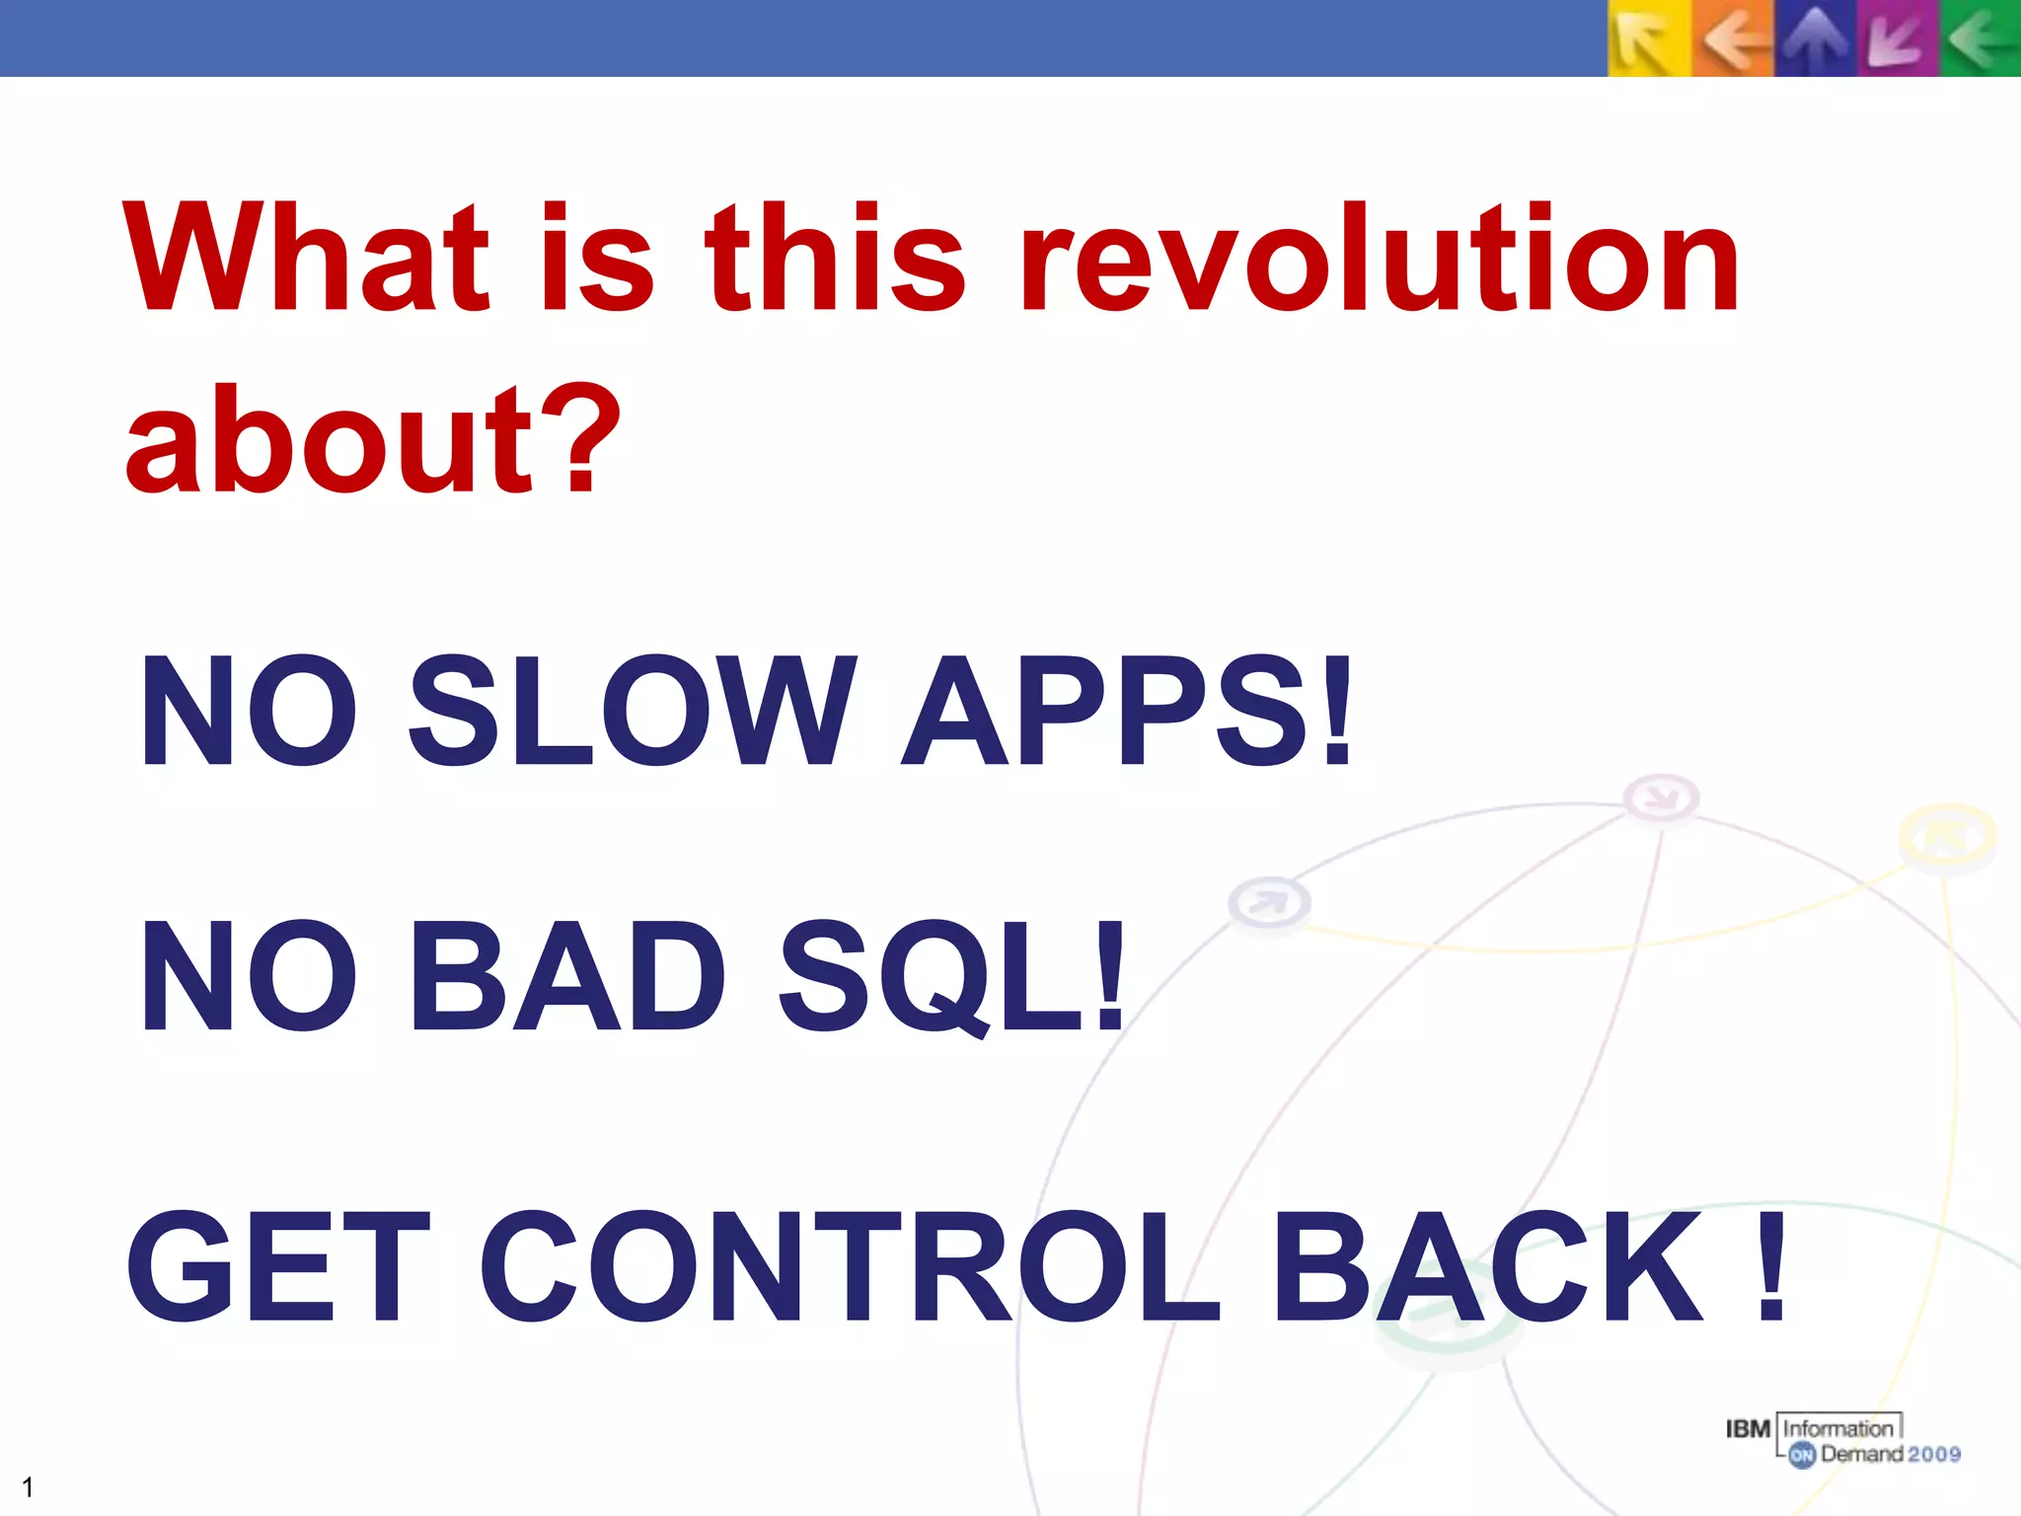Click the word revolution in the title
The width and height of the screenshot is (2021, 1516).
pyautogui.click(x=1380, y=259)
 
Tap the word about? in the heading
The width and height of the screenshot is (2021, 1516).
pyautogui.click(x=373, y=440)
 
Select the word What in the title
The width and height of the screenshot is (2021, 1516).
pyautogui.click(x=306, y=259)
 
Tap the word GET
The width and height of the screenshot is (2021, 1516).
pyautogui.click(x=279, y=1267)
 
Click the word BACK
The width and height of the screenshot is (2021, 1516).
pyautogui.click(x=1488, y=1267)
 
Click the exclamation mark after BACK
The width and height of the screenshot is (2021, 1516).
pyautogui.click(x=1771, y=1267)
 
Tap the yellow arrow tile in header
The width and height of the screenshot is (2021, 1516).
pyautogui.click(x=1648, y=39)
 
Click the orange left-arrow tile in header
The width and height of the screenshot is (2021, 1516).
pyautogui.click(x=1733, y=39)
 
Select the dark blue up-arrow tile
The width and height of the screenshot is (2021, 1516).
pyautogui.click(x=1816, y=39)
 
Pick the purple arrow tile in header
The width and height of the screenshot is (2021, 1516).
pyautogui.click(x=1897, y=39)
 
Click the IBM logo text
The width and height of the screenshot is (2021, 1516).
pyautogui.click(x=1748, y=1429)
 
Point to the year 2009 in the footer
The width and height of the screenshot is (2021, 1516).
pyautogui.click(x=1933, y=1454)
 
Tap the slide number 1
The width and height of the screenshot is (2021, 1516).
pyautogui.click(x=28, y=1486)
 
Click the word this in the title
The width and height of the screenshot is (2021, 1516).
pyautogui.click(x=834, y=259)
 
